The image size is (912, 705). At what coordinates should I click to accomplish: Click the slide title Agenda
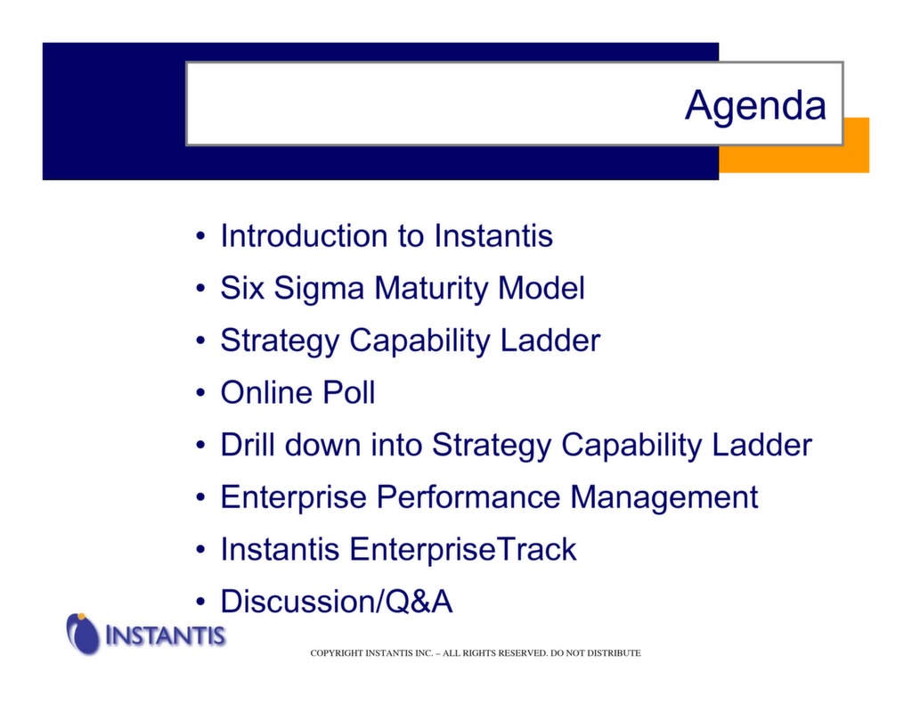click(754, 106)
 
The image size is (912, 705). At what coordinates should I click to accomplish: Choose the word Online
click(264, 393)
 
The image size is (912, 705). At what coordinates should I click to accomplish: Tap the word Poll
click(346, 393)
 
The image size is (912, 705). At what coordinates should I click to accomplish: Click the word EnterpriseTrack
click(462, 550)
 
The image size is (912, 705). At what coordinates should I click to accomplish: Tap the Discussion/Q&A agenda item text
click(337, 603)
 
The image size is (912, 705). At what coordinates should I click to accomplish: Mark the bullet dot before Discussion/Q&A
click(202, 603)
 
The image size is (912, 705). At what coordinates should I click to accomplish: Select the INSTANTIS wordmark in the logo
click(165, 636)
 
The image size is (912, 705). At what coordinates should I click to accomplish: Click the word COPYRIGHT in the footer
click(337, 653)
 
